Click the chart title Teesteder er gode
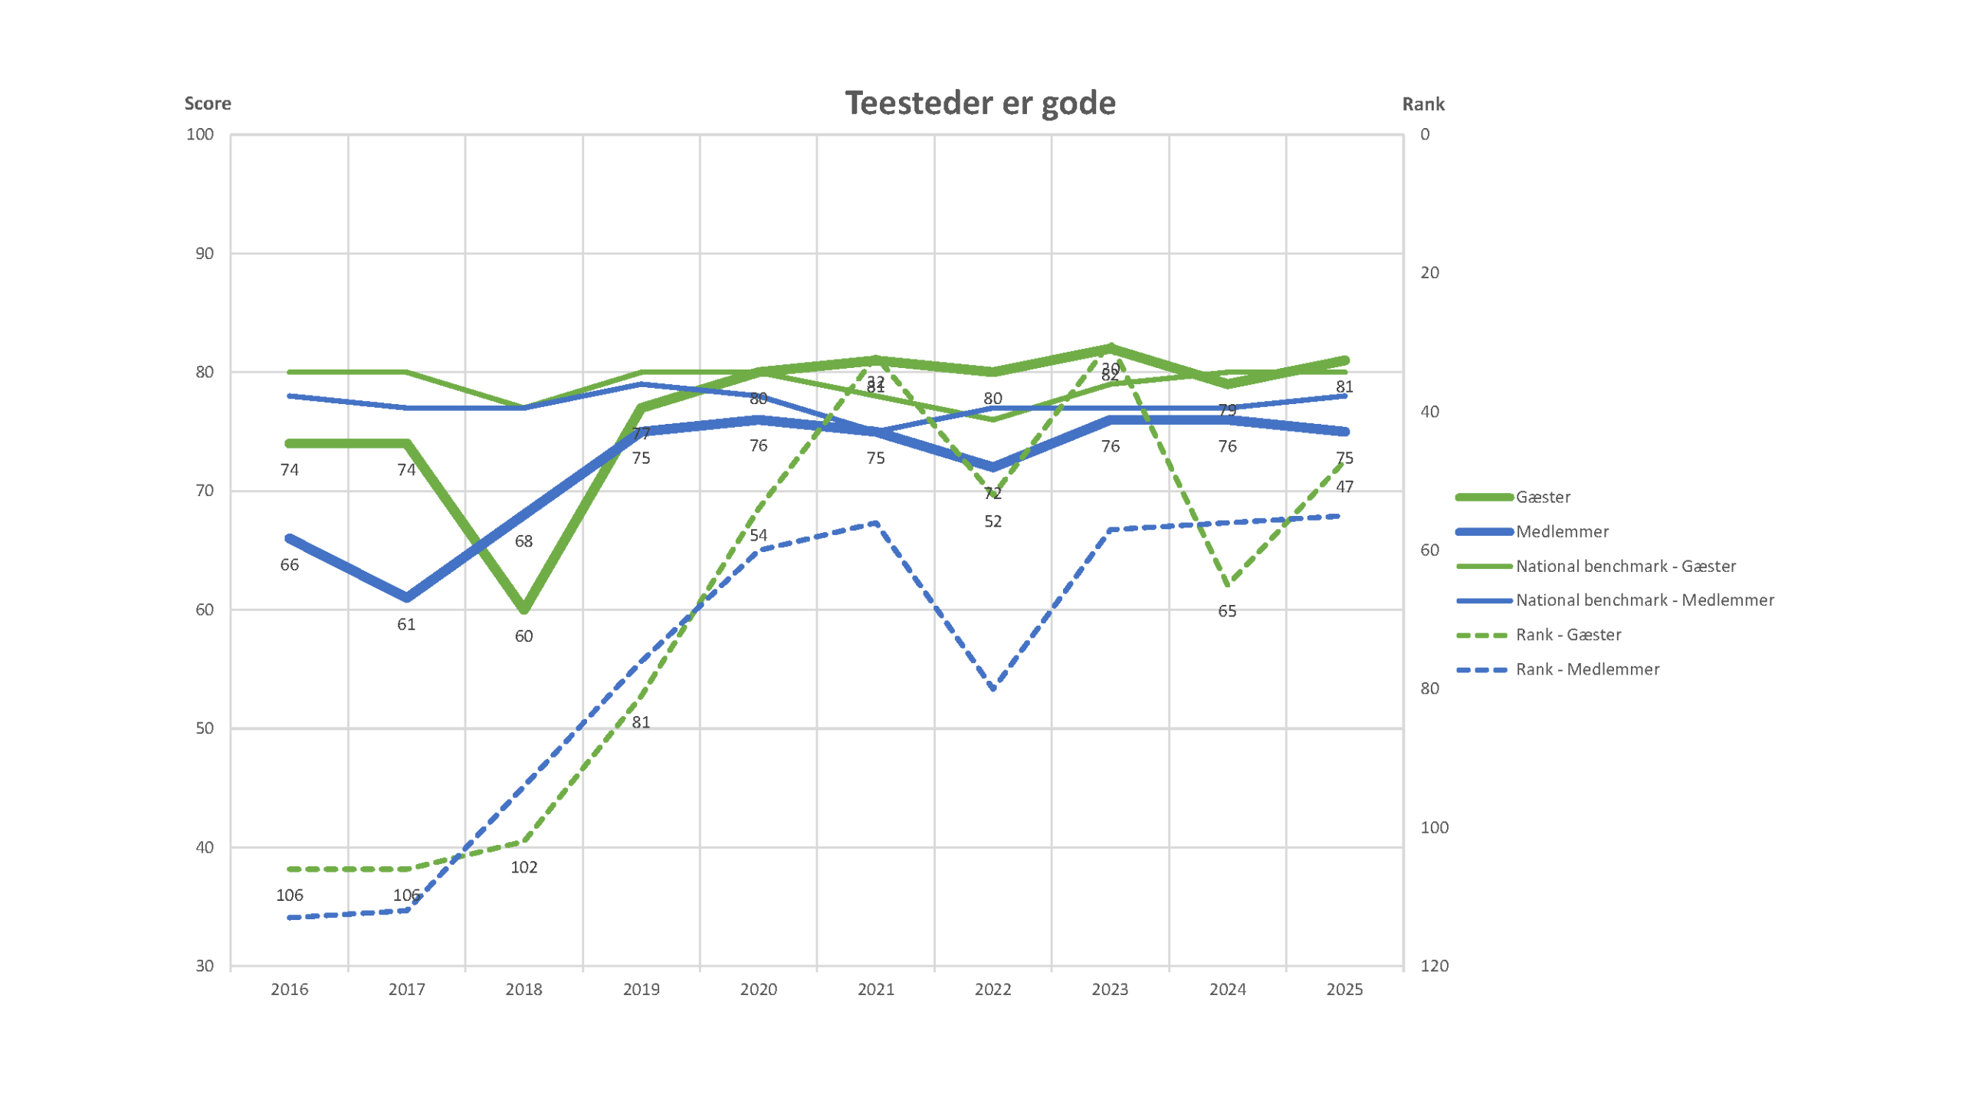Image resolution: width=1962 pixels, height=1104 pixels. [x=979, y=103]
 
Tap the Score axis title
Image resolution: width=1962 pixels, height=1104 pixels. [x=207, y=103]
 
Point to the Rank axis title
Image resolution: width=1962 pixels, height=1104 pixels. [x=1422, y=104]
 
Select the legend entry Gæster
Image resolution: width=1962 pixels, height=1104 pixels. [x=1542, y=498]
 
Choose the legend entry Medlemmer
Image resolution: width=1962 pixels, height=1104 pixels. [x=1561, y=532]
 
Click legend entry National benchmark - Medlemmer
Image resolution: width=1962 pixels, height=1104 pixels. [x=1644, y=600]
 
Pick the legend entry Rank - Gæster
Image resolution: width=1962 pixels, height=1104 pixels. [x=1567, y=635]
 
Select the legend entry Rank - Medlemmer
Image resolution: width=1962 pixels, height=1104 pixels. [x=1586, y=669]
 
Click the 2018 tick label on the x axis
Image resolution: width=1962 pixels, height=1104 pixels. [x=523, y=990]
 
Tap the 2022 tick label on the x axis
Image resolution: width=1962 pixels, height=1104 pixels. [x=992, y=990]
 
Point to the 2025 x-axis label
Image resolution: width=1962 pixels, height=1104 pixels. [x=1344, y=990]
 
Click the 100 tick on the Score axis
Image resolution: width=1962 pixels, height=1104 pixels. [x=200, y=135]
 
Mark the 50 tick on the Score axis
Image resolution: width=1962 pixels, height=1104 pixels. [x=204, y=728]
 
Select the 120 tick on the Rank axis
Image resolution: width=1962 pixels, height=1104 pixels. [x=1434, y=966]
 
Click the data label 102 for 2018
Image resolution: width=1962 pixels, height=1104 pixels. [x=524, y=868]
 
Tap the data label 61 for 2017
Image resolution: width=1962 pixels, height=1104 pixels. [x=406, y=625]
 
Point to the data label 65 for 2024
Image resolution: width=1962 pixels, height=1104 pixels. [x=1227, y=612]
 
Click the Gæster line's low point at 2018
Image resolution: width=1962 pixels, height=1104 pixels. [x=524, y=609]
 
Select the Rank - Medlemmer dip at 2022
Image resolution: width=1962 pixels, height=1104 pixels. [x=993, y=688]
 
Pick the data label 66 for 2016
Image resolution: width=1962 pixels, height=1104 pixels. [x=289, y=565]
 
